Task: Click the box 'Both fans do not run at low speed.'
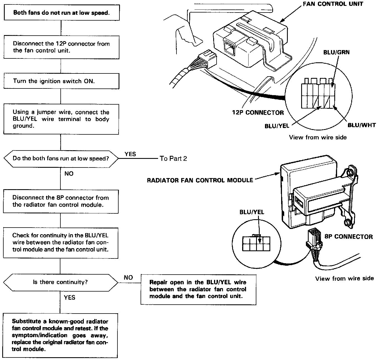(61, 13)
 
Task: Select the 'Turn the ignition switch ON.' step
(61, 81)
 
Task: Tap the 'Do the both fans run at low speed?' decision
(61, 159)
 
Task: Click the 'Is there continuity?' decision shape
(60, 282)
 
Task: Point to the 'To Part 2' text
(173, 159)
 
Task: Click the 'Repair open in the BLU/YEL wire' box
(198, 289)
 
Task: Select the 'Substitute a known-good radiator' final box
(60, 335)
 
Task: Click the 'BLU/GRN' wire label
(336, 52)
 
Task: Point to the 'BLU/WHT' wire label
(362, 125)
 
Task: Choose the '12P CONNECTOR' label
(258, 113)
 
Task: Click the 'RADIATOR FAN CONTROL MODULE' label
(200, 180)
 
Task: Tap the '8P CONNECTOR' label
(348, 237)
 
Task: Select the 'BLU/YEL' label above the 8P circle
(252, 212)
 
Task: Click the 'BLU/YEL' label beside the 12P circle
(277, 126)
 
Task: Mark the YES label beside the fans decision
(130, 154)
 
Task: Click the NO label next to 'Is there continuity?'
(128, 277)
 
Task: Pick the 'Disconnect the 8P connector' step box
(61, 201)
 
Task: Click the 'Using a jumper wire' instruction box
(61, 119)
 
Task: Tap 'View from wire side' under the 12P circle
(318, 137)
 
